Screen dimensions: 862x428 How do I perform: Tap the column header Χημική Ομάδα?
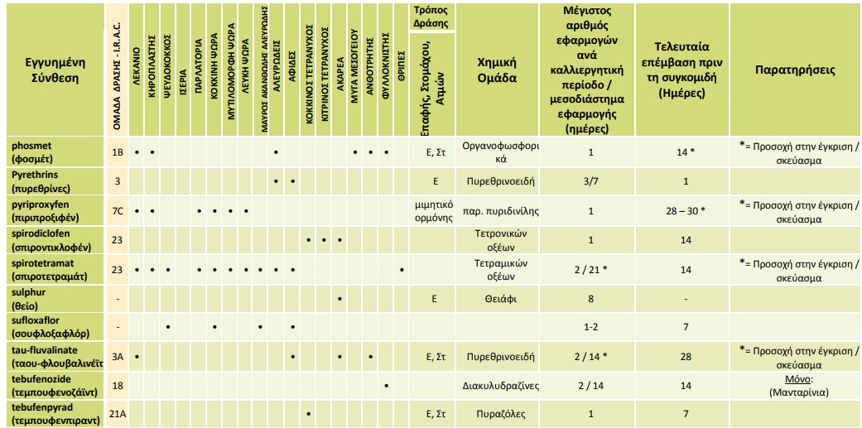click(x=497, y=70)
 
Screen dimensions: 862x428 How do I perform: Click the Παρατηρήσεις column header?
click(x=795, y=70)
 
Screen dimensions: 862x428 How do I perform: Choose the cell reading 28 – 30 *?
click(x=682, y=211)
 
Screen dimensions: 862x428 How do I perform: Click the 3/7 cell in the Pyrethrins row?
click(x=590, y=180)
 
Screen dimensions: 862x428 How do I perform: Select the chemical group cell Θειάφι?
click(x=497, y=299)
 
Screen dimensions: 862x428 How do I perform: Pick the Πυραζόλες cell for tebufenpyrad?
click(x=497, y=414)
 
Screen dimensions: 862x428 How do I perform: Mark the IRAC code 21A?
click(x=118, y=414)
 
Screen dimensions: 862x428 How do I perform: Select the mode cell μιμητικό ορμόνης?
click(x=435, y=211)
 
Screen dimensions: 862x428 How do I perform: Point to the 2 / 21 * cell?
click(x=590, y=270)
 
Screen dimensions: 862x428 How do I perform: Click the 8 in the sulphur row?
click(x=590, y=299)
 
